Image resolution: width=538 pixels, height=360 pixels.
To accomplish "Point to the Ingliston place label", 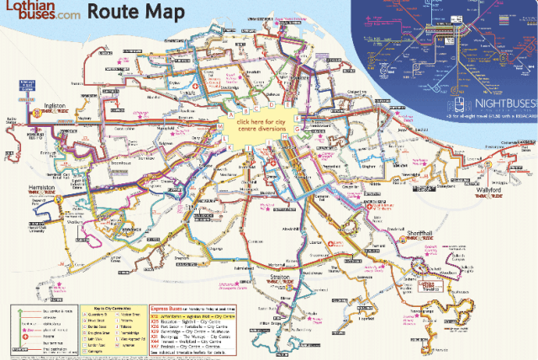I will point(56,107).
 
